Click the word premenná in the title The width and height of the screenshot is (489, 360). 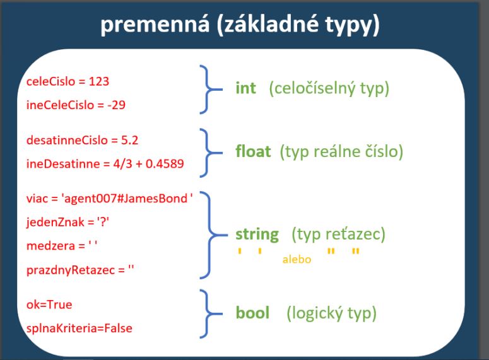pos(155,25)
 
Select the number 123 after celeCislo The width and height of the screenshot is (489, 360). pos(99,81)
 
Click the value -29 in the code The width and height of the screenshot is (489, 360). pos(116,105)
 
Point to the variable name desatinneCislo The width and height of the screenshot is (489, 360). pos(67,140)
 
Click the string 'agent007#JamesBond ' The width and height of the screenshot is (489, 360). pos(127,199)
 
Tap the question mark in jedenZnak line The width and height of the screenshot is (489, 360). pos(103,222)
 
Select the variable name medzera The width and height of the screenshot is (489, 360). pos(51,246)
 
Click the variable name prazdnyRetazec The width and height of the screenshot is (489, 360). pos(71,270)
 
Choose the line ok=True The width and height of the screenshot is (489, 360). pos(49,305)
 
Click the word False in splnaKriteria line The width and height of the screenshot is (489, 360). pos(118,328)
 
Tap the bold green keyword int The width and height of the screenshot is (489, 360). pos(245,88)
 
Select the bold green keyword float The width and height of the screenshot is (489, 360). pos(253,151)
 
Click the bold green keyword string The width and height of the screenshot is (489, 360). pos(257,235)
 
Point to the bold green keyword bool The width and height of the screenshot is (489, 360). pos(252,313)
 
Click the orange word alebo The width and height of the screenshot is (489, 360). pos(297,259)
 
